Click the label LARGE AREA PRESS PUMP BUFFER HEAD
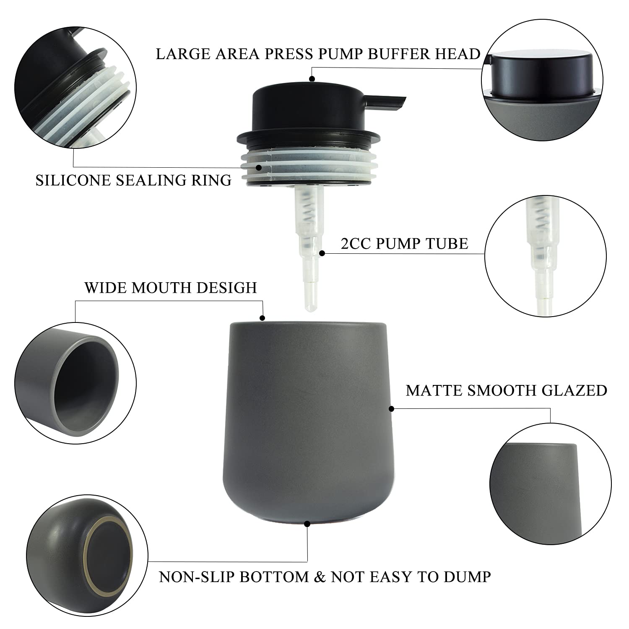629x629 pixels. pyautogui.click(x=318, y=54)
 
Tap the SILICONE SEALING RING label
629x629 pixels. pyautogui.click(x=133, y=180)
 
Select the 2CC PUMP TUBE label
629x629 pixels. pyautogui.click(x=404, y=244)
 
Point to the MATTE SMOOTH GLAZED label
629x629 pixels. pyautogui.click(x=507, y=390)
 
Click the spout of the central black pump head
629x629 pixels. pyautogui.click(x=386, y=101)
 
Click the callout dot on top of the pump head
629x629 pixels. pyautogui.click(x=312, y=78)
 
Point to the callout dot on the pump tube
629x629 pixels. pyautogui.click(x=322, y=253)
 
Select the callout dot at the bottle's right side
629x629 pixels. pyautogui.click(x=392, y=408)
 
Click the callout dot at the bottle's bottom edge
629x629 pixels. pyautogui.click(x=307, y=523)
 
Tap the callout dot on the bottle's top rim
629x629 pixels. pyautogui.click(x=263, y=318)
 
